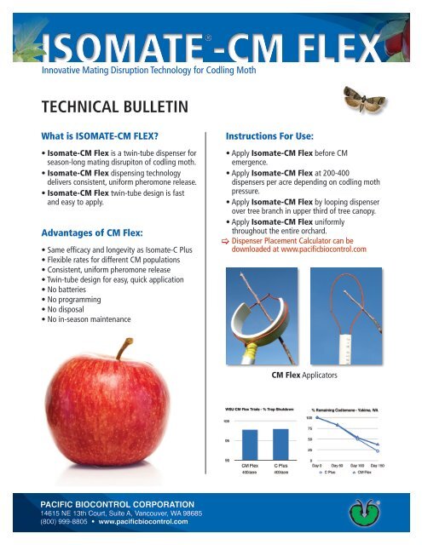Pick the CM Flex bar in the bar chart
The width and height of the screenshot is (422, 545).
tap(250, 445)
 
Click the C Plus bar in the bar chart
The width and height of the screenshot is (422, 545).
tap(280, 444)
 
